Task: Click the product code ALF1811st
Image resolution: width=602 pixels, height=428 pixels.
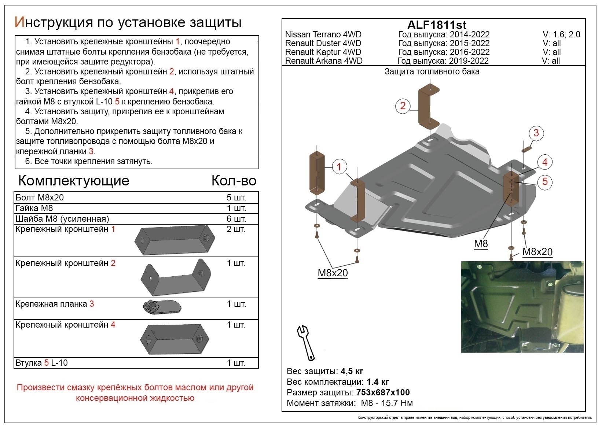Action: click(437, 25)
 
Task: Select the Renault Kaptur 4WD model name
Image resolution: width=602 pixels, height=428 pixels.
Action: click(323, 52)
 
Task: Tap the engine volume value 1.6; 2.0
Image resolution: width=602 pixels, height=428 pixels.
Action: click(566, 34)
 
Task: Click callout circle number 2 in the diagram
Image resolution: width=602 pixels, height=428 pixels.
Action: click(403, 106)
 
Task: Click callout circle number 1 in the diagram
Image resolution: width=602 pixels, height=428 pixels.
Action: click(339, 167)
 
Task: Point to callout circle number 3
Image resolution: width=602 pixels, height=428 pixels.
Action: click(536, 133)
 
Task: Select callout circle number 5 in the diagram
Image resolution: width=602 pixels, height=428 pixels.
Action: click(545, 181)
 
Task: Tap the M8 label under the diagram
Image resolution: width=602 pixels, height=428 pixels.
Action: click(481, 244)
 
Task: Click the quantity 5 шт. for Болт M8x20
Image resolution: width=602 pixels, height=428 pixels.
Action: click(236, 198)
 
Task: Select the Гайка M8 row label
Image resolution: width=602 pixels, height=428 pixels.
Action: click(34, 208)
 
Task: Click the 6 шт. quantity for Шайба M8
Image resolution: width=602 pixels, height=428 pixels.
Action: click(236, 219)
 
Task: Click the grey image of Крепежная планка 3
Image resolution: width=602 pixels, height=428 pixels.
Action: click(162, 307)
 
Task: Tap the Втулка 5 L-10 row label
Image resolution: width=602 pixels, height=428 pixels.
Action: click(41, 363)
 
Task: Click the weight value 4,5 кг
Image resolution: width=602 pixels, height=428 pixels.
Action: click(352, 371)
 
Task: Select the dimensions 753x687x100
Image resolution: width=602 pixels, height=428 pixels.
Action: click(383, 392)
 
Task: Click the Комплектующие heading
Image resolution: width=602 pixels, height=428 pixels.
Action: click(73, 181)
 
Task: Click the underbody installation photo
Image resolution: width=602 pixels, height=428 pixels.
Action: click(522, 307)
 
